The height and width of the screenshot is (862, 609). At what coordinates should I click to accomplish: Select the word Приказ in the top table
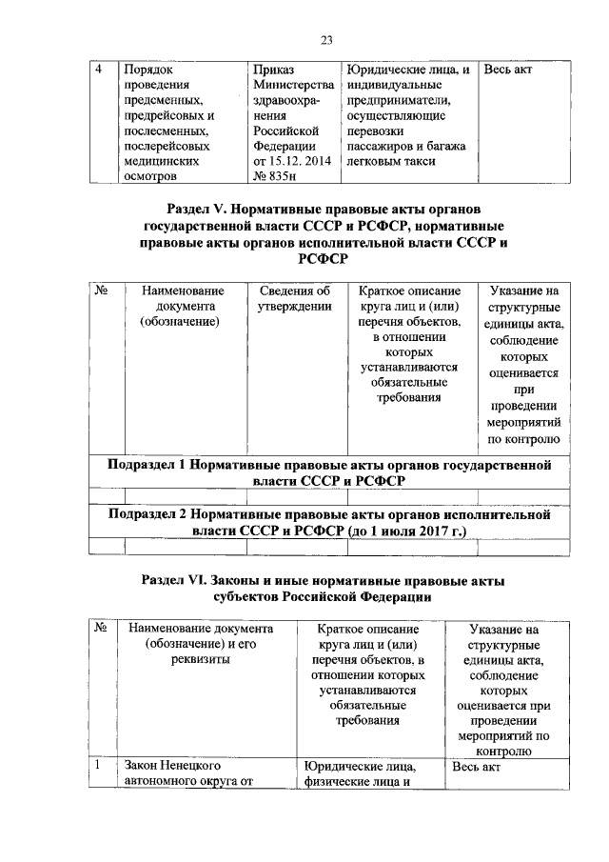pyautogui.click(x=273, y=70)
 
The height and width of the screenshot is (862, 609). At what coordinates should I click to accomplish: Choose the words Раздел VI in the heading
pyautogui.click(x=181, y=580)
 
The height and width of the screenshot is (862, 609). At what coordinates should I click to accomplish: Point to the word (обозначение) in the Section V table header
pyautogui.click(x=179, y=321)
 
